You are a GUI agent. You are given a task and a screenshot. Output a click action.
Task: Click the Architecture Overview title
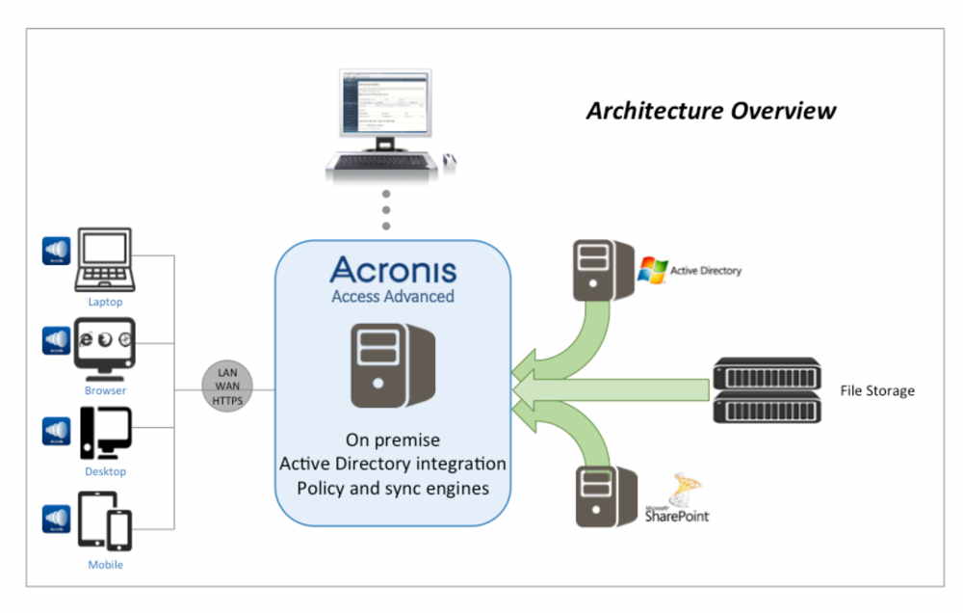(711, 110)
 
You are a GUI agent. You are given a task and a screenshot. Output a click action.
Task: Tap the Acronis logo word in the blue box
(393, 269)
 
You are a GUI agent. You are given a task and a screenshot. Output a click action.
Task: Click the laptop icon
(105, 259)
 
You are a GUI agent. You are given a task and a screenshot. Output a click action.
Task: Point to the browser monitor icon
(105, 346)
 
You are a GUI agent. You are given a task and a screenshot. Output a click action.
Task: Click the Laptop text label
(105, 302)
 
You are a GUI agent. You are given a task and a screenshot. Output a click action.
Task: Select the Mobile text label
(105, 564)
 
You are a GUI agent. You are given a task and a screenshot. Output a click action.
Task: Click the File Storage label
(875, 390)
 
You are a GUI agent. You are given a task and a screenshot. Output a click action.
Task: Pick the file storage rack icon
(767, 390)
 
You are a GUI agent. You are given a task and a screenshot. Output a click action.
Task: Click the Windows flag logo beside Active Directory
(653, 270)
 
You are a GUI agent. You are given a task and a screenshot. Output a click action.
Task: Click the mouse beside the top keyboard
(450, 161)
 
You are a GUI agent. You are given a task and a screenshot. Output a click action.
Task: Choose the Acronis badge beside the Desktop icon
(56, 431)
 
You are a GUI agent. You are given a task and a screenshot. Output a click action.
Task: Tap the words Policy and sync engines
(392, 488)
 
